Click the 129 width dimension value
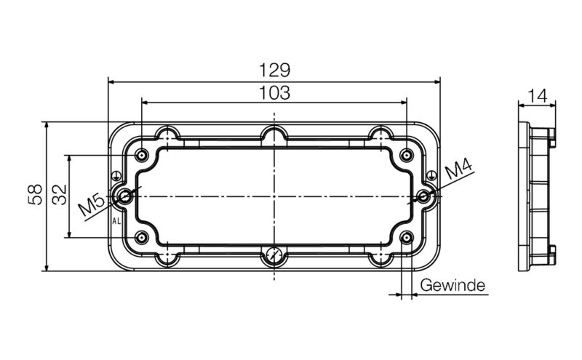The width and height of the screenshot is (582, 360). tap(275, 71)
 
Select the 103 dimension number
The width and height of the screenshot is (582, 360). tap(275, 92)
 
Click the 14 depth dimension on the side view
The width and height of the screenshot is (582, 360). tap(538, 95)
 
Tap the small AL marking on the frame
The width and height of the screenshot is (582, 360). tap(116, 220)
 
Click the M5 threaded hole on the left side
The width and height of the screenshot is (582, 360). tap(127, 196)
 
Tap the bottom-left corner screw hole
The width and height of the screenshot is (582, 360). tap(140, 238)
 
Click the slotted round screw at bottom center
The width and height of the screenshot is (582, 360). tap(274, 255)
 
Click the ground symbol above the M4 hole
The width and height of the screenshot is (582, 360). tap(432, 175)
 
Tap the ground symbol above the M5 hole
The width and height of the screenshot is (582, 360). tap(116, 175)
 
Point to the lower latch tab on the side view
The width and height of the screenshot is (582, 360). tap(551, 252)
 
